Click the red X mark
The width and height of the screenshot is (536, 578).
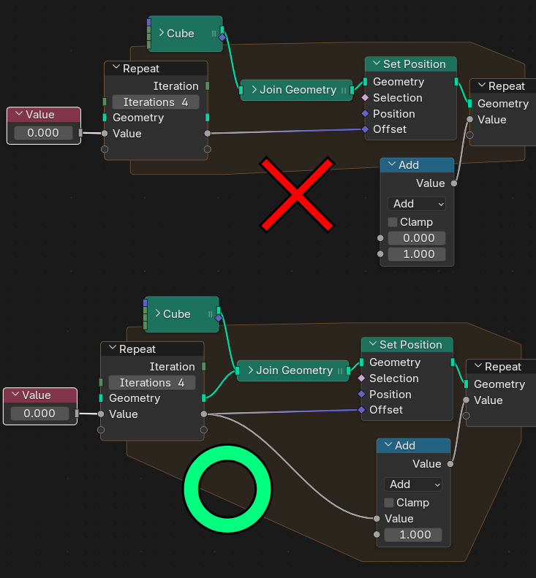[x=298, y=193]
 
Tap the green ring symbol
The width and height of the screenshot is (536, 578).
[x=227, y=489]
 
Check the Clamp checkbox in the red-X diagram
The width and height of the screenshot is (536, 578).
[x=393, y=222]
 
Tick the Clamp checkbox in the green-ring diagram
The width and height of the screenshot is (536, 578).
[x=389, y=503]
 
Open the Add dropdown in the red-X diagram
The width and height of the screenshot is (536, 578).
[x=417, y=204]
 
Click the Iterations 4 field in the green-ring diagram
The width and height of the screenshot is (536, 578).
[x=152, y=383]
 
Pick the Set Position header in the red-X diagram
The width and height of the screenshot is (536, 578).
[x=410, y=64]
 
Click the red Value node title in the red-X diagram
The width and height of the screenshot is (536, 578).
[x=43, y=115]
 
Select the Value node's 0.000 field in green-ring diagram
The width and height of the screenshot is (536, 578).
[x=39, y=414]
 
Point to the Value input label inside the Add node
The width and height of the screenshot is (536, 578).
[x=399, y=519]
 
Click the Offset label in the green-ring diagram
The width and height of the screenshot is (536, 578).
[x=386, y=410]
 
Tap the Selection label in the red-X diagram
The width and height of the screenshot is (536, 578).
[x=397, y=98]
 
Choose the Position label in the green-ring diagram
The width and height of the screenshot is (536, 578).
[x=390, y=395]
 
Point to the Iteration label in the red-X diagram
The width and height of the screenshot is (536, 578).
[x=175, y=86]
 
